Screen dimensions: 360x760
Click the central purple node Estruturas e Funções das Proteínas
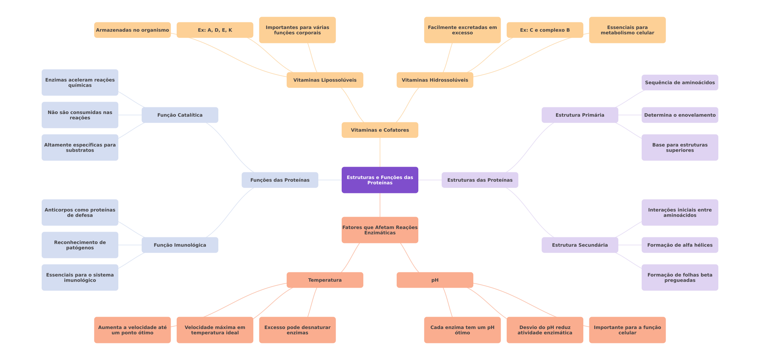[380, 180]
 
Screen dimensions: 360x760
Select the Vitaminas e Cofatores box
[380, 130]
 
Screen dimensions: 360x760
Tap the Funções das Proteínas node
[280, 180]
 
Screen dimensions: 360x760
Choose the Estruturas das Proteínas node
[480, 180]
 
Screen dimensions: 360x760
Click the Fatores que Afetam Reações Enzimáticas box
[380, 230]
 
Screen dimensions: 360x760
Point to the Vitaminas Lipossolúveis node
[325, 80]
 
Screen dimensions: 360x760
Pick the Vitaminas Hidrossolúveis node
[435, 80]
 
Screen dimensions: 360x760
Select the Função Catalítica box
[180, 115]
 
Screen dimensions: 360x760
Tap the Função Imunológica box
[180, 245]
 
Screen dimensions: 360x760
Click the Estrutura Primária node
[580, 115]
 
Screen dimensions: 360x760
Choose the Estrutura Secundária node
[580, 245]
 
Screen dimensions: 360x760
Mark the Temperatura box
[325, 280]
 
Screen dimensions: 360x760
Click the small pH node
[435, 280]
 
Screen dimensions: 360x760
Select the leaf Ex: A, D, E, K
[215, 30]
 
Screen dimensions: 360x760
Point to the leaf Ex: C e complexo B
[545, 30]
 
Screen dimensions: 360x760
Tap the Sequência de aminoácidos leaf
[680, 83]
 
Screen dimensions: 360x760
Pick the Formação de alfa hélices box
[680, 245]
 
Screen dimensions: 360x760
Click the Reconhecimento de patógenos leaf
[80, 245]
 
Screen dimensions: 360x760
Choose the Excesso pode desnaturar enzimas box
[297, 330]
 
